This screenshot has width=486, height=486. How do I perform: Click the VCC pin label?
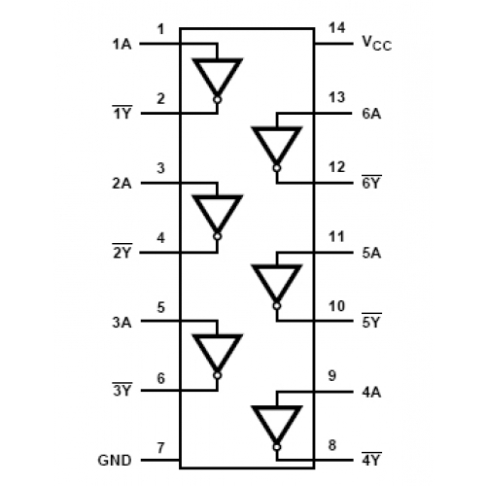tap(377, 43)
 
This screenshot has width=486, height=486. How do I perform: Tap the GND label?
tap(115, 461)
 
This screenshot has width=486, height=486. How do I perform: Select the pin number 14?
tap(337, 28)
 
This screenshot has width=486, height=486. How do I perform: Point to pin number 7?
tap(160, 448)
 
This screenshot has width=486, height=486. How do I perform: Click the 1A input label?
tap(121, 44)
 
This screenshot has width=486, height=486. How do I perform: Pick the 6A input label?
tap(371, 114)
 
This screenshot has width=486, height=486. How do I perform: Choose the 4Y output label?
tap(371, 459)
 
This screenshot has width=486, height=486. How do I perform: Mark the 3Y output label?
tap(122, 390)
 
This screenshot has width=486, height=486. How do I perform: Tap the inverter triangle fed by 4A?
tap(277, 425)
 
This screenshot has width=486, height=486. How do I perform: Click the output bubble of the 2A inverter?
tap(217, 236)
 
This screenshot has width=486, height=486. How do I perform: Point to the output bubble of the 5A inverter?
tap(277, 306)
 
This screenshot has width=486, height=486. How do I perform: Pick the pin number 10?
tap(337, 306)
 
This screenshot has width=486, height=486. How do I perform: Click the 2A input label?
tap(121, 184)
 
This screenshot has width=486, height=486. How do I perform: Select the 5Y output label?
tap(371, 321)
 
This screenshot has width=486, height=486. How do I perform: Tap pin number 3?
tap(160, 168)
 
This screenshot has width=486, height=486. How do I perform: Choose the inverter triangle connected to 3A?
tap(217, 354)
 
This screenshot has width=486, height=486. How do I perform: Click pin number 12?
tap(337, 167)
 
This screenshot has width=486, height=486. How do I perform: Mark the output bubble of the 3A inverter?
tap(217, 375)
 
